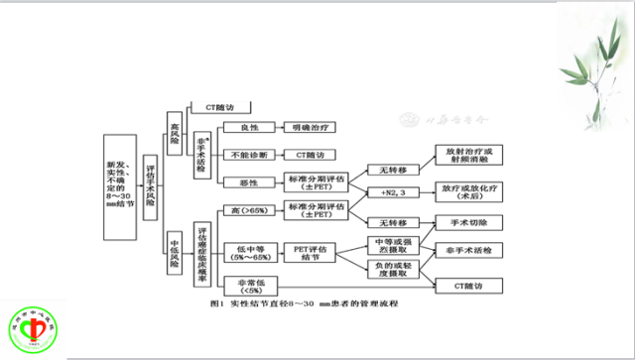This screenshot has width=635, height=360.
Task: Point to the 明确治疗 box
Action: pyautogui.click(x=315, y=128)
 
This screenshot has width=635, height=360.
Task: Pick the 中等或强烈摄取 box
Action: pyautogui.click(x=394, y=244)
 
